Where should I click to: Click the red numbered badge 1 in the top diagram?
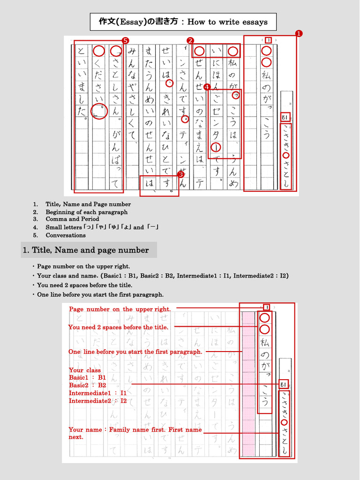[x=299, y=33]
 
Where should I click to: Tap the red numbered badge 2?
[x=190, y=40]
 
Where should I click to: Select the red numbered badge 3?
[x=180, y=174]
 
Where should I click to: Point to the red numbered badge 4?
[x=207, y=87]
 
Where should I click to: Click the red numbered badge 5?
[x=125, y=41]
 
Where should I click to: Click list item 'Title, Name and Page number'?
[x=88, y=204]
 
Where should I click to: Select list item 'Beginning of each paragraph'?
[x=86, y=212]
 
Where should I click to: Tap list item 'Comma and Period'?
[x=72, y=219]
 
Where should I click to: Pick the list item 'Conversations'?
[x=66, y=235]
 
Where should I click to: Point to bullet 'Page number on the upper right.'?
[x=83, y=266]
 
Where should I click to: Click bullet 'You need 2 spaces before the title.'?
[x=84, y=285]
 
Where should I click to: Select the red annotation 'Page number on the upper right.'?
[x=120, y=309]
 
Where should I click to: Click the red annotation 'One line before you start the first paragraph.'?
[x=135, y=352]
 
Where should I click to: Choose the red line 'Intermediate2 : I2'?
[x=97, y=401]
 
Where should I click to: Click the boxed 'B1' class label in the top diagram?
[x=285, y=117]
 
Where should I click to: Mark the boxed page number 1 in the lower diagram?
[x=266, y=307]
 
